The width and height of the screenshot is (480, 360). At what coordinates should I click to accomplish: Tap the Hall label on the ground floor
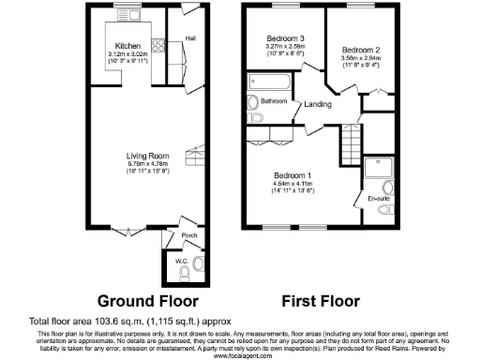click(x=190, y=38)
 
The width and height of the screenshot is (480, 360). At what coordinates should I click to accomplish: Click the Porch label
click(x=187, y=235)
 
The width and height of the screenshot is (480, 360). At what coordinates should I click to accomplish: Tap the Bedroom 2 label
click(x=359, y=49)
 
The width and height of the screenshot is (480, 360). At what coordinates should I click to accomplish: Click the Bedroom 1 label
click(x=293, y=175)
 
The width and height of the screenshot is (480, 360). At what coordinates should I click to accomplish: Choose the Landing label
click(x=317, y=105)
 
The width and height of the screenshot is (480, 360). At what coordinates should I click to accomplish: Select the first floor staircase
click(x=349, y=142)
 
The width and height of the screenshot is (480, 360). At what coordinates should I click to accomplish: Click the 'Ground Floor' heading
click(x=148, y=302)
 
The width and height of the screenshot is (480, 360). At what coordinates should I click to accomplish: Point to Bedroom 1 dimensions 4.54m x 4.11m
click(x=293, y=185)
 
